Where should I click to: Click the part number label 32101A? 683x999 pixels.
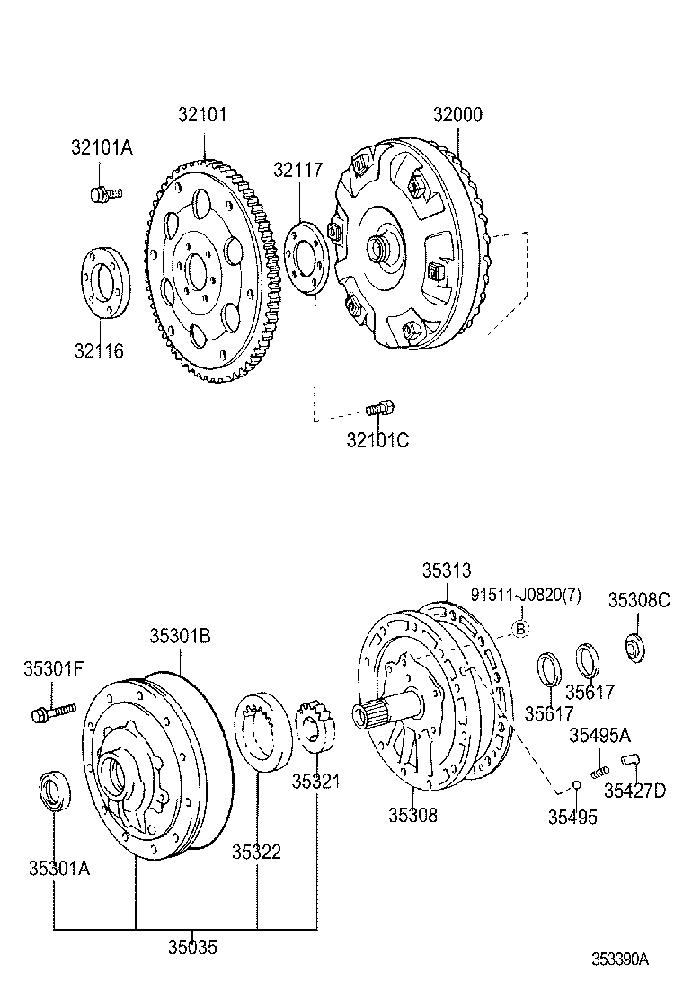[x=102, y=148]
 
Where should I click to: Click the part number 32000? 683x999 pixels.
[x=457, y=115]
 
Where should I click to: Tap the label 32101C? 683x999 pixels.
[x=377, y=440]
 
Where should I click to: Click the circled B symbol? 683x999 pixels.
[x=519, y=629]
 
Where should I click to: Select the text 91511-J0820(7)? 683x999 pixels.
[x=527, y=596]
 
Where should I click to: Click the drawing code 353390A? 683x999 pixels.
[x=619, y=959]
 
